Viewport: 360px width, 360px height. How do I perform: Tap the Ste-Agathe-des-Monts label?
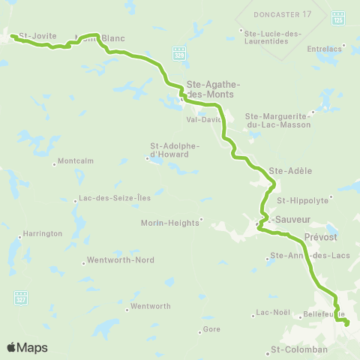pos(209,90)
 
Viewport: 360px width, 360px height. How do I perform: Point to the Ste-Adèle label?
pos(284,170)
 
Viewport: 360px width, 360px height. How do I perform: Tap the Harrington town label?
pos(43,233)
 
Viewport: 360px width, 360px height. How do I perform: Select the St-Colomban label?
pos(298,349)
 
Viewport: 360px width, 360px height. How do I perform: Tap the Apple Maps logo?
pos(27,347)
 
